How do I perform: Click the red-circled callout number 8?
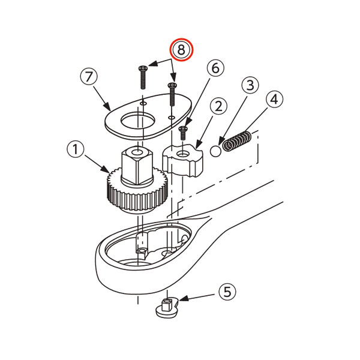pos(181,50)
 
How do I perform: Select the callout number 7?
pos(89,77)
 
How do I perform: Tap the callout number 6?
pos(215,68)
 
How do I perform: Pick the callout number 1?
pos(76,149)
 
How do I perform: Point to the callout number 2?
pos(218,107)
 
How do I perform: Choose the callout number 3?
pos(250,85)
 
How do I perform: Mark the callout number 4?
pos(274,99)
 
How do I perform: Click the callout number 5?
pos(227,292)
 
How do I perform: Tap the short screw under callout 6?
pos(183,133)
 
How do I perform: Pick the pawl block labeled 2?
pos(182,161)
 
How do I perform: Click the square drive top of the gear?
pos(137,166)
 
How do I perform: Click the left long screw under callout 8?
pos(143,77)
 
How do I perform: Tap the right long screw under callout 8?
pos(172,94)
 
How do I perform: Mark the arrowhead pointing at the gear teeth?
pos(106,170)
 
